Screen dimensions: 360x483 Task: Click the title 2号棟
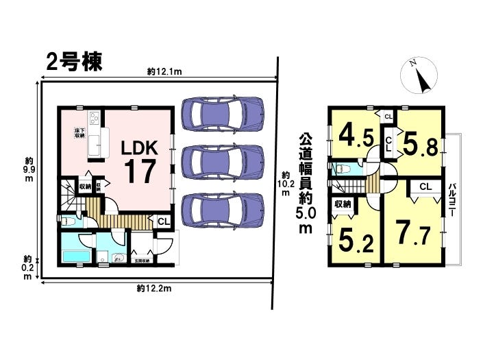(x=74, y=61)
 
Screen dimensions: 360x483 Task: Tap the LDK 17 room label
(x=140, y=161)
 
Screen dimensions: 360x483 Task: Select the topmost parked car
(x=223, y=112)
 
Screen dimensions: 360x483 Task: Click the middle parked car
(x=223, y=160)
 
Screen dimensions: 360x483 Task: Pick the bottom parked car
(x=223, y=209)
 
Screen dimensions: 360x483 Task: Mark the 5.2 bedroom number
(x=355, y=239)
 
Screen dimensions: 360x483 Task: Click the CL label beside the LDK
(x=163, y=221)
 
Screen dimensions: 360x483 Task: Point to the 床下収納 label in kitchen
(x=79, y=133)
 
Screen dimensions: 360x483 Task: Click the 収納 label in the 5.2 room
(x=343, y=204)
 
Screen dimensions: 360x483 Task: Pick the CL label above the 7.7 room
(x=425, y=187)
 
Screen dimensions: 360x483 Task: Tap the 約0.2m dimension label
(x=27, y=267)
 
